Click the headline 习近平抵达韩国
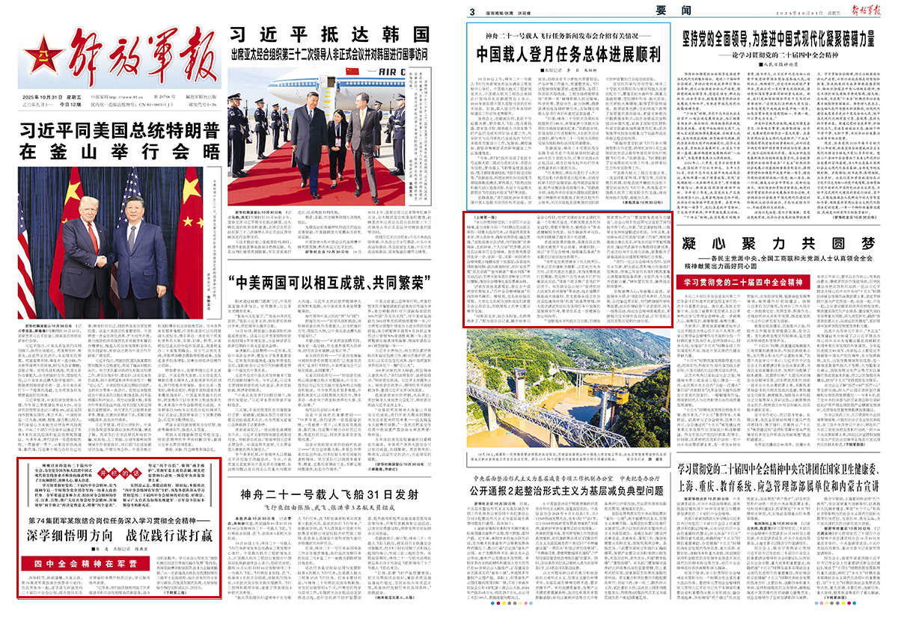(331, 34)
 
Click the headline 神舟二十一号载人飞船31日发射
(338, 495)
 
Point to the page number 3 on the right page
(473, 11)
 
